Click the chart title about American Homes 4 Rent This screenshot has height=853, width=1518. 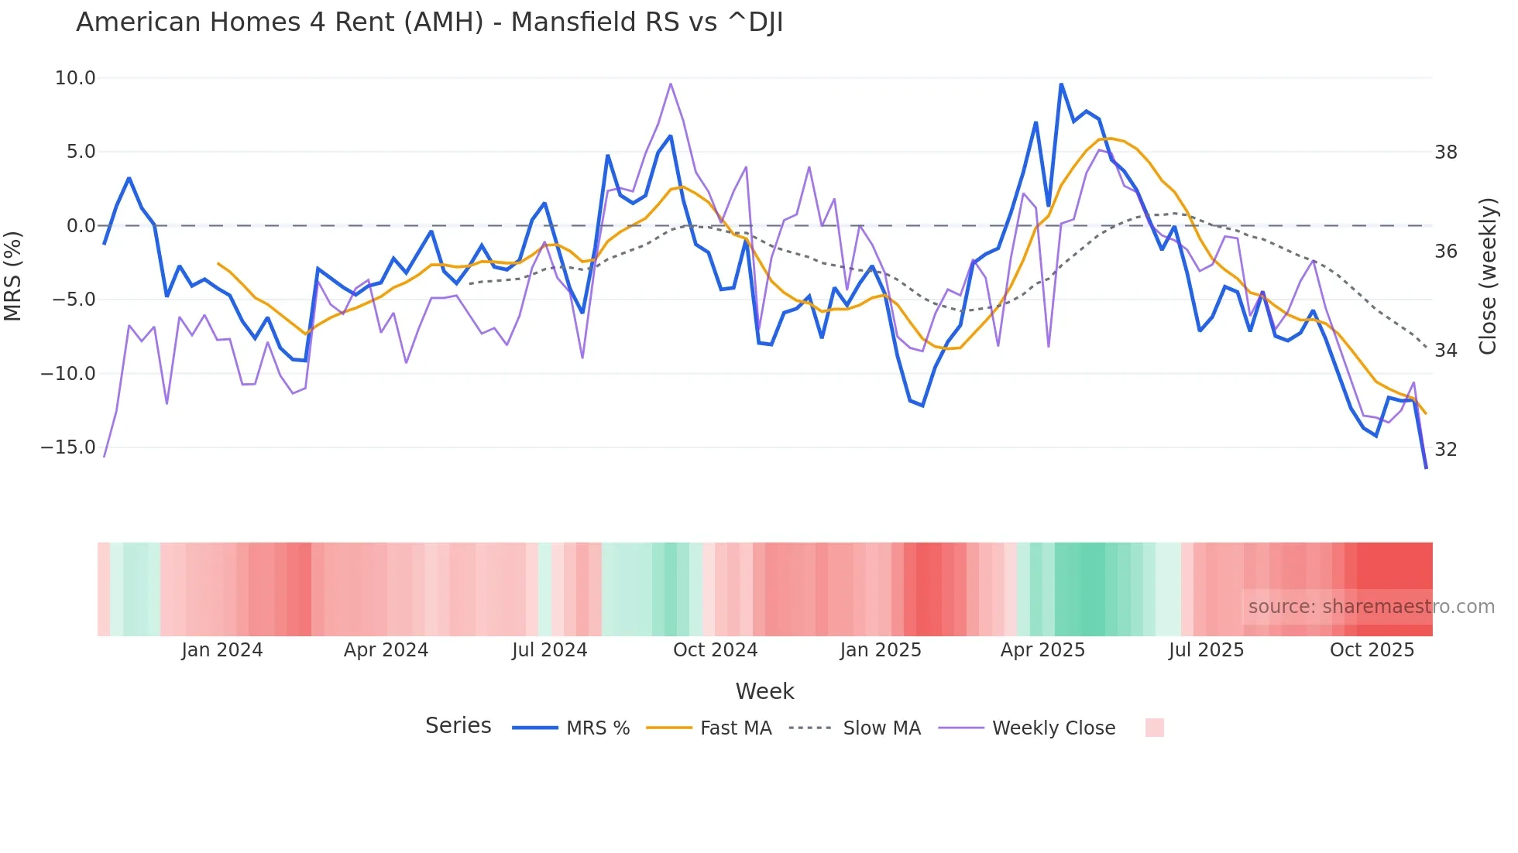(429, 22)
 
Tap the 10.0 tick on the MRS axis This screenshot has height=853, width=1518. (75, 78)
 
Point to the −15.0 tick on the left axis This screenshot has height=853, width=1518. (68, 447)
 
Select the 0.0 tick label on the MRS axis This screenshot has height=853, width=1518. (81, 226)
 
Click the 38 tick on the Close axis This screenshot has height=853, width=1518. (1445, 152)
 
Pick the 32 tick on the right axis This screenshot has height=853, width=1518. (1445, 450)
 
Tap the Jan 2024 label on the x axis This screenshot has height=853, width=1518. (222, 650)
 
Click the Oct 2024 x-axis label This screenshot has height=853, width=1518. (715, 650)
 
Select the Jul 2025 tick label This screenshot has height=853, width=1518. (1206, 650)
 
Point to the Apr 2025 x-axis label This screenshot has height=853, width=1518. (1042, 650)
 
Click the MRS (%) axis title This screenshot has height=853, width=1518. (13, 276)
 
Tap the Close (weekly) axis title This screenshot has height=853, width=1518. (1487, 276)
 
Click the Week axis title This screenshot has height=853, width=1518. (764, 691)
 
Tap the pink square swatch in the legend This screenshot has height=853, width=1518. (1154, 728)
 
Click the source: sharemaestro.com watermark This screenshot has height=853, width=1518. (1371, 607)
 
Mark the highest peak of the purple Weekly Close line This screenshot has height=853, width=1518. (671, 84)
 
